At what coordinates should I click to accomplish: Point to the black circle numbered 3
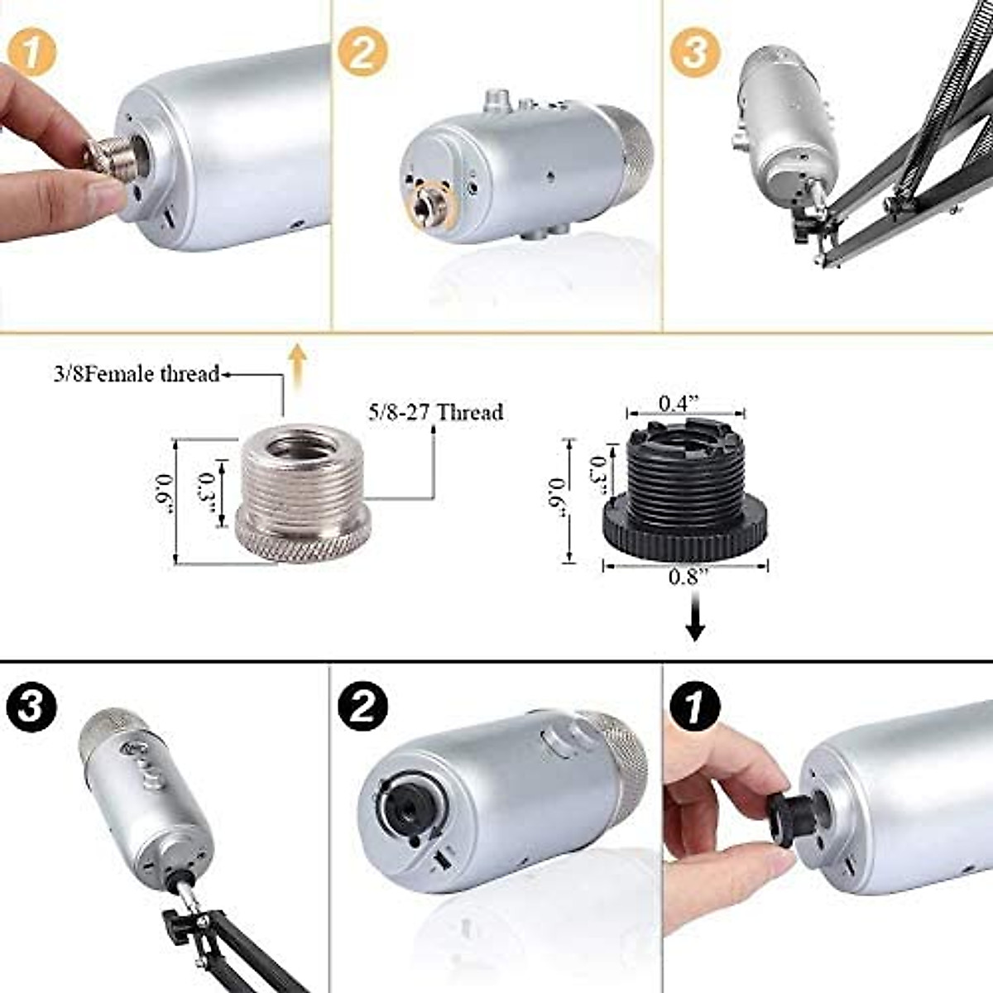click(31, 708)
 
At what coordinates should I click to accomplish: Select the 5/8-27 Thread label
click(435, 411)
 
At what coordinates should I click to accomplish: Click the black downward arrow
click(695, 622)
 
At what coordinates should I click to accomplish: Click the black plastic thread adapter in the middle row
click(685, 494)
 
